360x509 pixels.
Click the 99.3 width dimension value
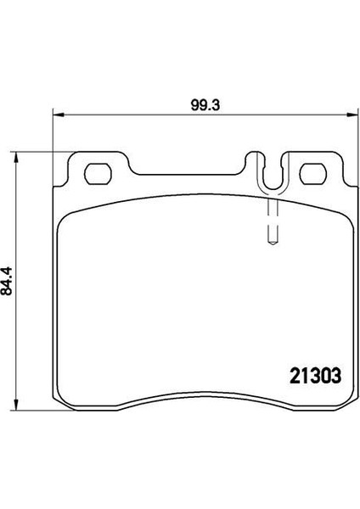point(205,105)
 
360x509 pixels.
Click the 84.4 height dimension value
point(7,281)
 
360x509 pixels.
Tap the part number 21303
point(316,376)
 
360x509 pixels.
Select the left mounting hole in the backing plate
point(98,174)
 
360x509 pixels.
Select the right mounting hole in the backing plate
point(313,174)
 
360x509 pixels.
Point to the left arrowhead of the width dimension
point(59,115)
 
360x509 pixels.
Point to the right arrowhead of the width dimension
point(352,115)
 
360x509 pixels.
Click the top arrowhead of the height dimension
point(15,158)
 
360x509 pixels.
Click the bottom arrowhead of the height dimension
point(15,405)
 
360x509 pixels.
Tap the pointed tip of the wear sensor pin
point(273,243)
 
